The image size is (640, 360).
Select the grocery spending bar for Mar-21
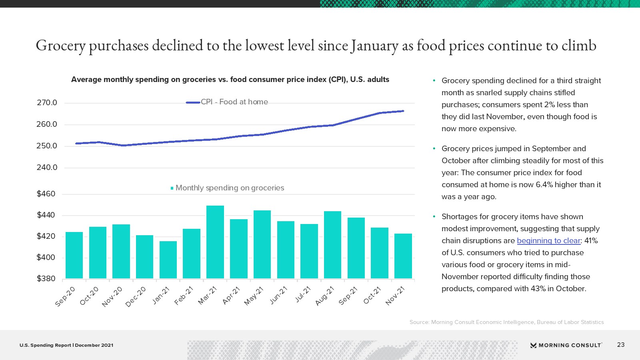[215, 242]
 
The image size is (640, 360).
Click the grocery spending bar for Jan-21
[168, 260]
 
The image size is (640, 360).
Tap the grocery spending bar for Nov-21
[403, 256]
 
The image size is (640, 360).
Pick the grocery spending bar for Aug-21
[332, 245]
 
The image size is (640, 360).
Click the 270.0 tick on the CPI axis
[47, 103]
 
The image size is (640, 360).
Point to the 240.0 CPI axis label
[47, 168]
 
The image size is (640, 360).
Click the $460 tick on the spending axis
[46, 194]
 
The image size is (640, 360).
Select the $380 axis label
[46, 279]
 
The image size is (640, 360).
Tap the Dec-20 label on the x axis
[136, 296]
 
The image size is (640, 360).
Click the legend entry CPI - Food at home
[234, 102]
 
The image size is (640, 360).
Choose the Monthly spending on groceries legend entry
[230, 188]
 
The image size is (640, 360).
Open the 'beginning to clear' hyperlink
[548, 241]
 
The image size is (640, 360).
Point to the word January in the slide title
[374, 46]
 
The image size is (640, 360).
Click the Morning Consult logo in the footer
[566, 345]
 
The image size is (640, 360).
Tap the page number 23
[621, 345]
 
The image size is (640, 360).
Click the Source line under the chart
[506, 322]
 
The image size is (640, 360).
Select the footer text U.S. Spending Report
[45, 345]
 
